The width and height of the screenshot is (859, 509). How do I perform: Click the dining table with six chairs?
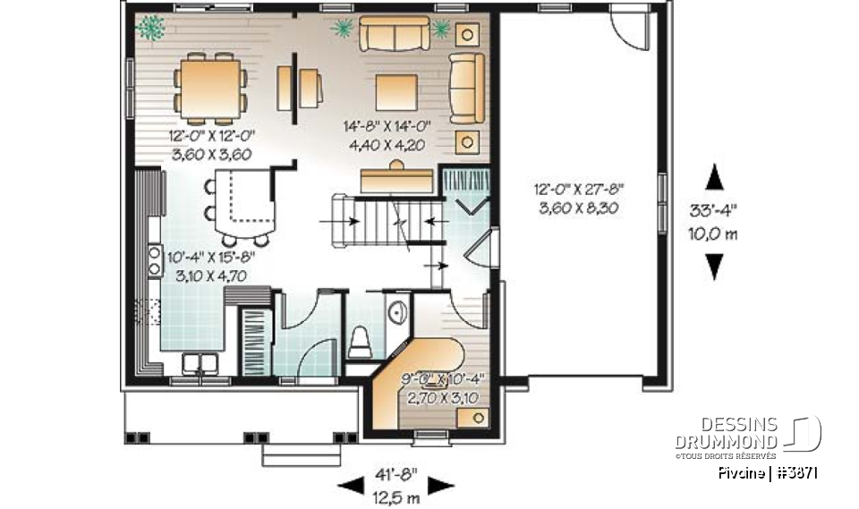211,88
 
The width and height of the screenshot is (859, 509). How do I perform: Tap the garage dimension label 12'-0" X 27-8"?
580,190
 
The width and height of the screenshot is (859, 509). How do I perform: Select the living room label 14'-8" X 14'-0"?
387,127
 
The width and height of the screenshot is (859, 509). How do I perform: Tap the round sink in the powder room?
399,312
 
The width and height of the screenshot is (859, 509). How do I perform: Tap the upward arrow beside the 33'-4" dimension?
713,178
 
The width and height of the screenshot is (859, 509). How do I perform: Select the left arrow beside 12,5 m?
348,486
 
